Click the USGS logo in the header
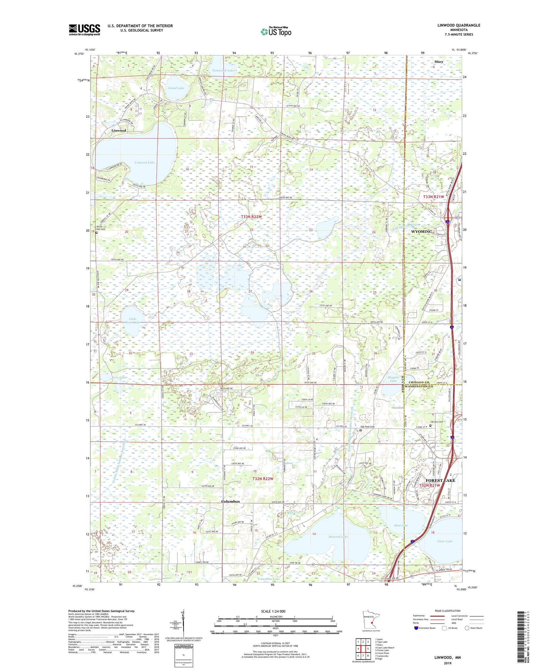coord(84,30)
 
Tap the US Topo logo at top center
coord(276,32)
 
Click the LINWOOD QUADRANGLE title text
coord(458,25)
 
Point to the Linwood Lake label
coord(145,162)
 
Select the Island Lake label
coord(176,88)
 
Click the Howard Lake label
coord(338,536)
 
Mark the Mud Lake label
coord(401,525)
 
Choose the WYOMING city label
coord(421,232)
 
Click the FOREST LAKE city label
coord(440,480)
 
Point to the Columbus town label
coord(230,501)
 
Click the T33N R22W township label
coord(251,217)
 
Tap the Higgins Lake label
coord(393,379)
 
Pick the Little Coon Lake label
coord(132,321)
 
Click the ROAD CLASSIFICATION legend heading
coord(448,611)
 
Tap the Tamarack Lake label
coord(223,70)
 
